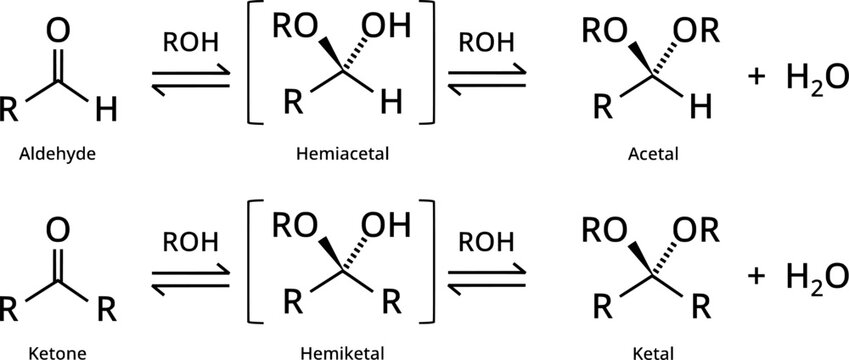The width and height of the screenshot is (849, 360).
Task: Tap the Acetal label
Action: click(x=654, y=156)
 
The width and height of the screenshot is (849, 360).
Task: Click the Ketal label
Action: click(x=654, y=352)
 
